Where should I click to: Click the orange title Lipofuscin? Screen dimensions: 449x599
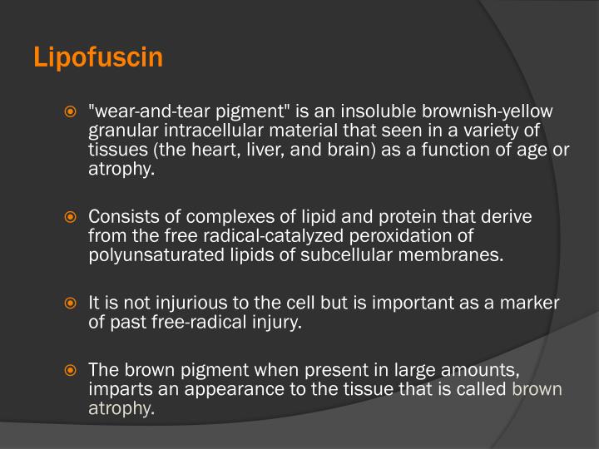pos(98,59)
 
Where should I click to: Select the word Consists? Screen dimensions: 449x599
pos(120,217)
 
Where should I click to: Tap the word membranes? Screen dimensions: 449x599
pos(461,255)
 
